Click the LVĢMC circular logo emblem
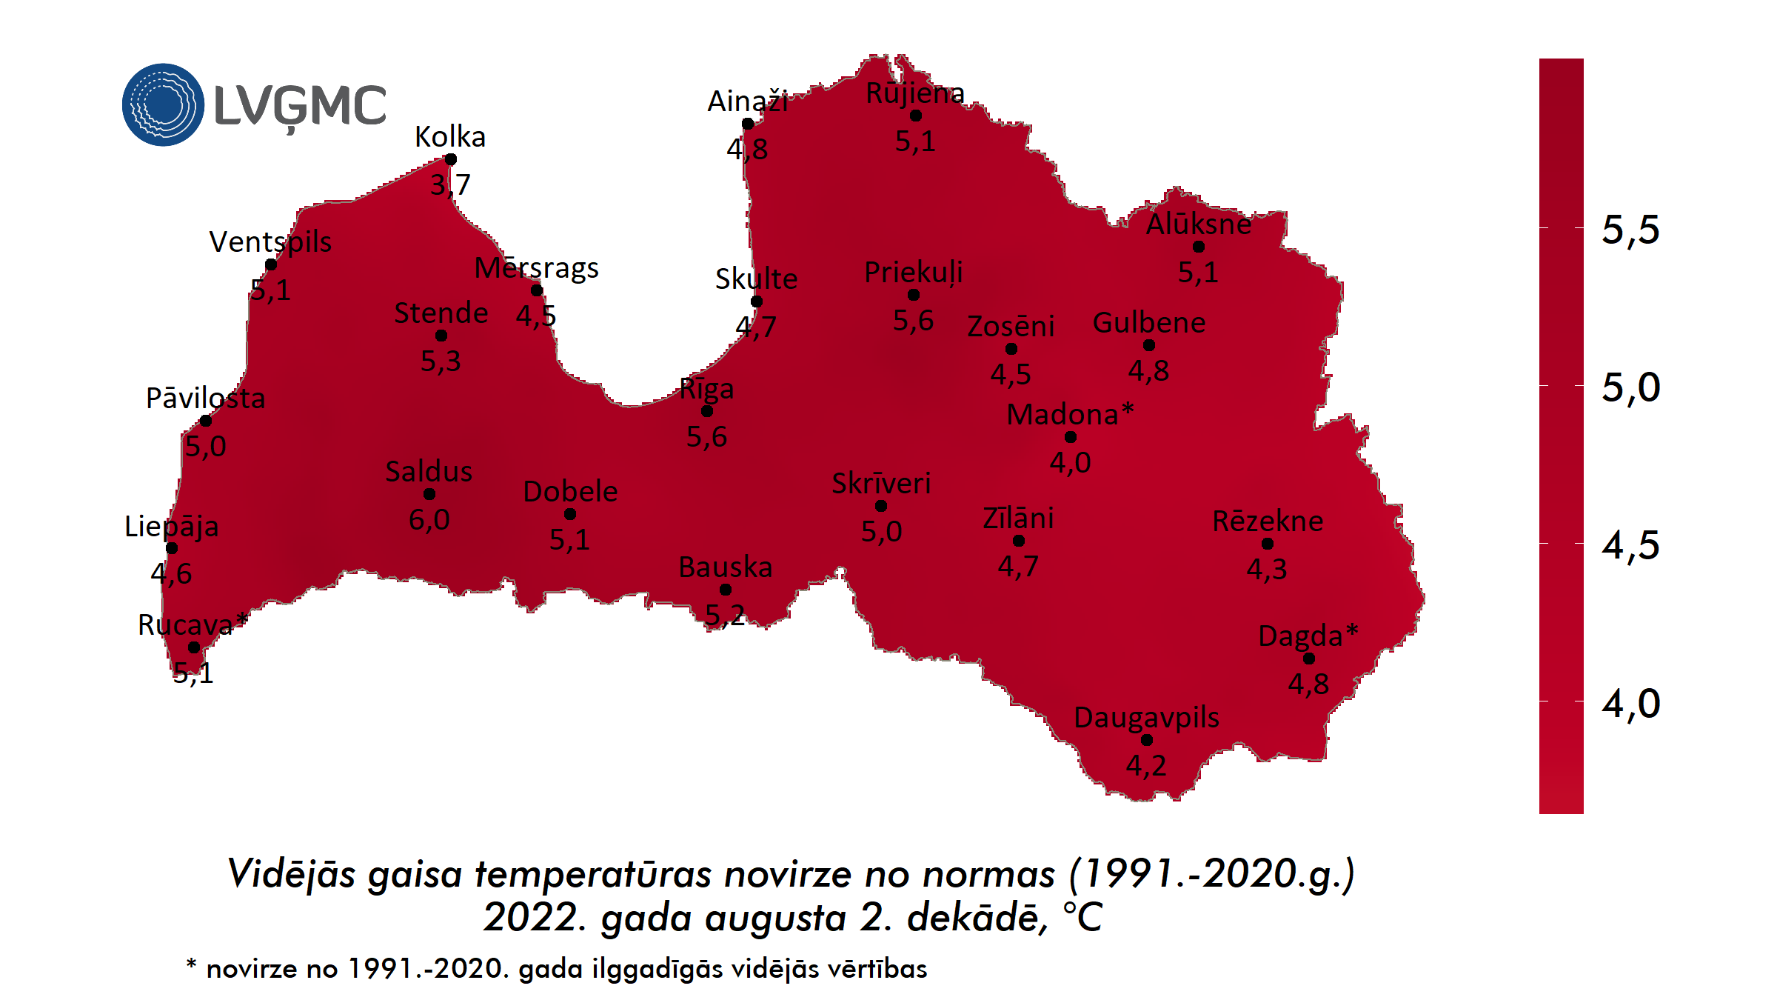click(x=163, y=104)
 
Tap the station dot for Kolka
click(x=450, y=159)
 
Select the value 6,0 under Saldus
click(x=429, y=520)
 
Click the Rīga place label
click(x=706, y=389)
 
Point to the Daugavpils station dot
click(x=1147, y=740)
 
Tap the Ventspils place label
click(x=270, y=242)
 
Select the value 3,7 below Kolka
click(x=450, y=184)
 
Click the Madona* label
click(x=1070, y=414)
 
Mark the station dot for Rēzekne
click(x=1268, y=544)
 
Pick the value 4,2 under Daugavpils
click(x=1146, y=766)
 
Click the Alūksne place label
click(x=1198, y=224)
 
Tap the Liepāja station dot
click(x=172, y=548)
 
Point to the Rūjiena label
click(x=915, y=93)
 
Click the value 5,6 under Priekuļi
click(x=913, y=321)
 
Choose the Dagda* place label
click(x=1308, y=636)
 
